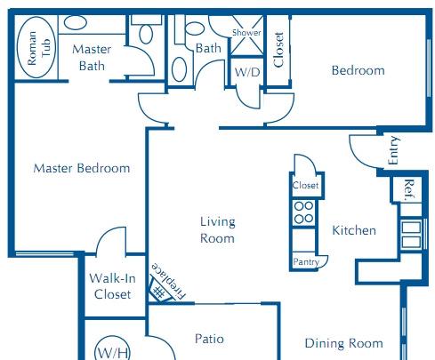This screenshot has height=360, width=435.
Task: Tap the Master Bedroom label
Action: click(x=82, y=168)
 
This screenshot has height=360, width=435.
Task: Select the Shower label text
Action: click(x=246, y=32)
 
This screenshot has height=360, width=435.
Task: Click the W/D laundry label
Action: click(x=247, y=72)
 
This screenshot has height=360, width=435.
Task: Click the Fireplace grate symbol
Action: click(x=159, y=291)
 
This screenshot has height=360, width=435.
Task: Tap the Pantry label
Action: click(x=306, y=261)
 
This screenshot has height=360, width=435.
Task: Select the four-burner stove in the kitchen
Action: click(x=304, y=212)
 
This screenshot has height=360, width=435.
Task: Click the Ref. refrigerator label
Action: click(x=409, y=190)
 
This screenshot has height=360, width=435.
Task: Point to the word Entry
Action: click(x=393, y=150)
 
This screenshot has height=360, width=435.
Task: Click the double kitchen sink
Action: click(x=411, y=235)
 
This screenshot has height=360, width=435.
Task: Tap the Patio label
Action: click(x=209, y=339)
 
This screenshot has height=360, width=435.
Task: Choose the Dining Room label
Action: click(x=344, y=343)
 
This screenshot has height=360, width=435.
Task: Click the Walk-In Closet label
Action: click(x=112, y=286)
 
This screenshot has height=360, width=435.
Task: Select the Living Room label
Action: click(x=218, y=230)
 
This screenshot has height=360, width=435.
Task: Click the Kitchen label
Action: click(x=354, y=230)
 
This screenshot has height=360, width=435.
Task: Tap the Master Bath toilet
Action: click(x=146, y=34)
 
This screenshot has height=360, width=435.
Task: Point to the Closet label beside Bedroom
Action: click(x=278, y=50)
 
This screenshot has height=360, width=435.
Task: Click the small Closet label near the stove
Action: click(x=305, y=186)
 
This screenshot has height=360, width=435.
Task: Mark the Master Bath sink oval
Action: click(x=76, y=22)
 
